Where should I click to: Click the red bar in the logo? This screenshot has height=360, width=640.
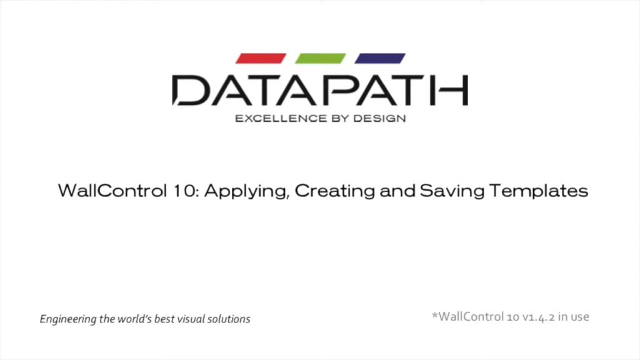point(261,58)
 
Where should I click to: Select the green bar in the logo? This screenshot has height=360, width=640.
point(321,58)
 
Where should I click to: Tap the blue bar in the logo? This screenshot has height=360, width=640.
point(380,58)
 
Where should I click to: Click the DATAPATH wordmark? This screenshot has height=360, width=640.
point(321,90)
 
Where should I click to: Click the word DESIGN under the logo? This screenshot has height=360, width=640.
point(379,119)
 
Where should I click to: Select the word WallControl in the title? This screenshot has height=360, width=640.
point(112,191)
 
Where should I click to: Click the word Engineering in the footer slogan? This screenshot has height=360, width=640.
point(68,319)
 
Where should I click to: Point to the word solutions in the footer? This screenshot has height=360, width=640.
point(229,319)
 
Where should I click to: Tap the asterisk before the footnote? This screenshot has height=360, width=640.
point(435,315)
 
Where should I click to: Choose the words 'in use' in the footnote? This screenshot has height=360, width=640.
point(574,317)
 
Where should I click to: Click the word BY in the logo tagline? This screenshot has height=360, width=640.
point(341,119)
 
